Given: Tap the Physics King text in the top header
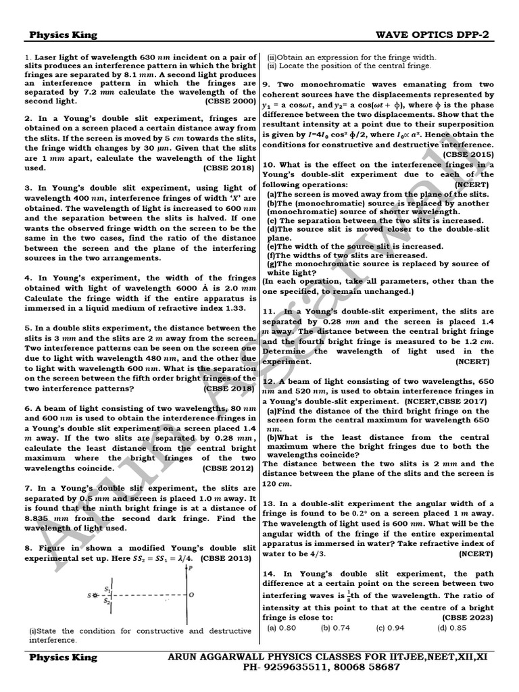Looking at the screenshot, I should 63,35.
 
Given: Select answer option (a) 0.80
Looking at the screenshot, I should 282,628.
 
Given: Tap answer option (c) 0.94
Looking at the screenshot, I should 391,628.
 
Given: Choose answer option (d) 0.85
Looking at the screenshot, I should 452,628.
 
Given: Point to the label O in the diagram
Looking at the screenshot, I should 193,595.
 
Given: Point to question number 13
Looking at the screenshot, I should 268,503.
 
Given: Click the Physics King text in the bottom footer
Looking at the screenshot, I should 63,657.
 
